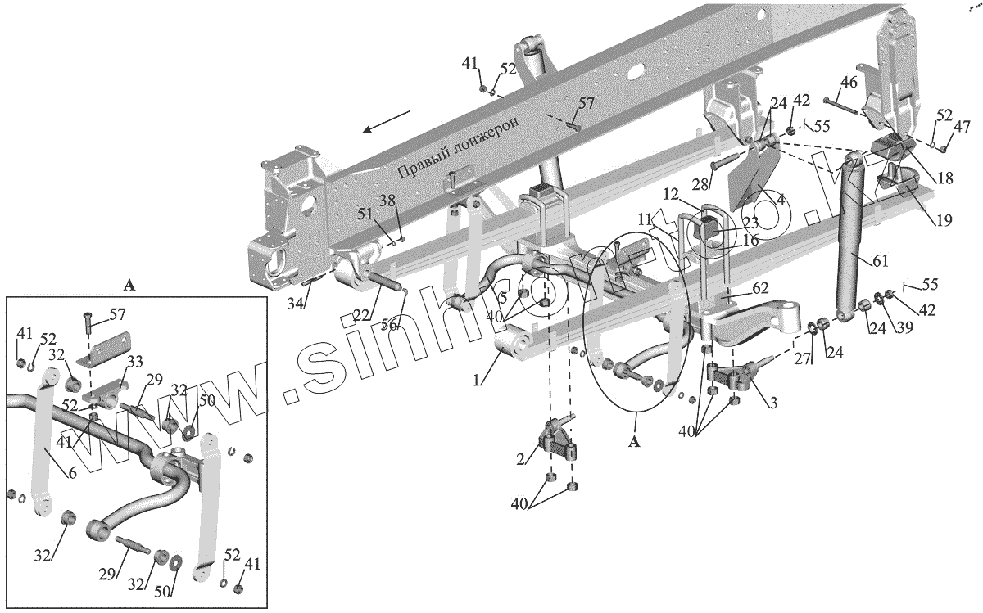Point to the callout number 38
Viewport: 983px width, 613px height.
(386, 200)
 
